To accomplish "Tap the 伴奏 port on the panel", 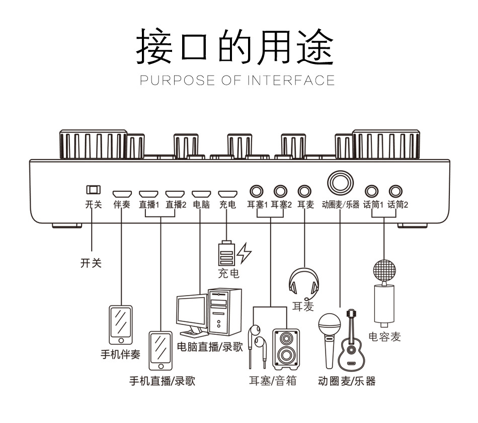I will point(122,193).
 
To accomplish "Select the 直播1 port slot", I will point(148,193).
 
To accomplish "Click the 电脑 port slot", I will point(201,193).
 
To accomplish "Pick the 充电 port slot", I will point(227,193).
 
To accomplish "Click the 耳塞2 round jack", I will point(281,191).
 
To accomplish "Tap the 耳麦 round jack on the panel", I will point(304,191).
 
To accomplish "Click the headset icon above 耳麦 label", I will point(304,283).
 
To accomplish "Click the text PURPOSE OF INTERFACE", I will point(237,81).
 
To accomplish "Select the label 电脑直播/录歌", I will point(210,347).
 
